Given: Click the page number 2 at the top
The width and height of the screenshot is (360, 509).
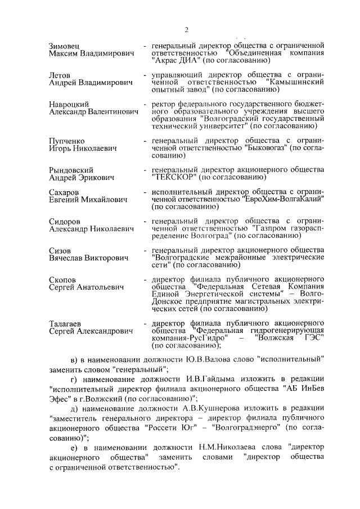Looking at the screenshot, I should [186, 29].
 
